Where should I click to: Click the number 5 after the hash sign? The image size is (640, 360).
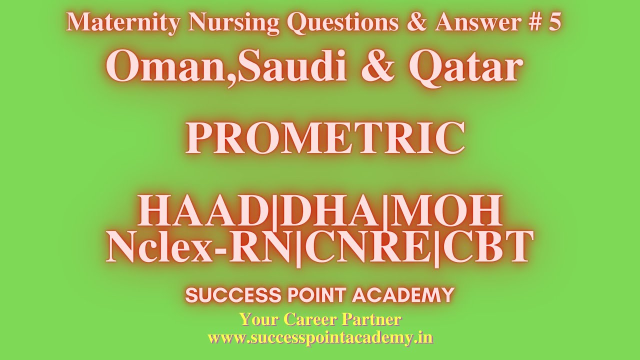point(554,22)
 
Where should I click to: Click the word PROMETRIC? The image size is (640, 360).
point(325,138)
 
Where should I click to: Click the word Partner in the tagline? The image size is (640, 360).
point(372,319)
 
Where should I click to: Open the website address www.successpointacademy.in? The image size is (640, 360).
point(320,337)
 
